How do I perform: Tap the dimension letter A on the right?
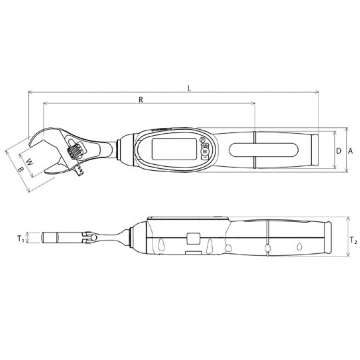tap(350, 151)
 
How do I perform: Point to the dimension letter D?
tap(338, 151)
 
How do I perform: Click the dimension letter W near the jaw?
tap(29, 160)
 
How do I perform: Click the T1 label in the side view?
tap(21, 237)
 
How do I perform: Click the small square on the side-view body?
tap(193, 237)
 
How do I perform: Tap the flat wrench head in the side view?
tap(60, 237)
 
